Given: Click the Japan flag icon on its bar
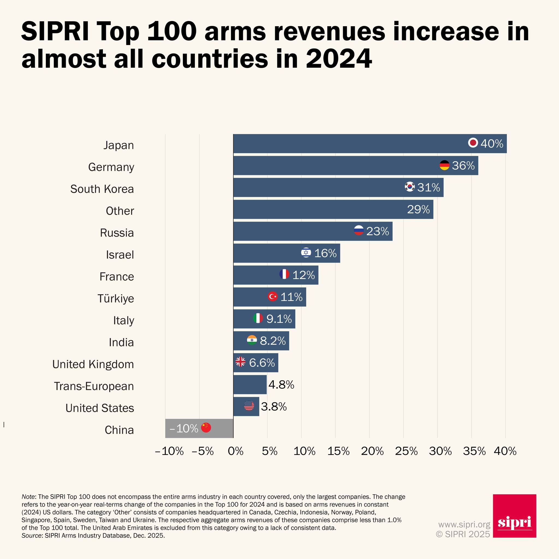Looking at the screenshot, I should [473, 143].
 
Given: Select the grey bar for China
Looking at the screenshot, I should [199, 428].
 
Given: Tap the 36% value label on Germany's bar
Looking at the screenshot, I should [463, 165].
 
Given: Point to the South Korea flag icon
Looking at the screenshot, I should [410, 187].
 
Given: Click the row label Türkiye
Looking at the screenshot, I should [116, 298].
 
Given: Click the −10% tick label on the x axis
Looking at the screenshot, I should [169, 451].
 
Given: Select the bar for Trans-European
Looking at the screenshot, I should [250, 385].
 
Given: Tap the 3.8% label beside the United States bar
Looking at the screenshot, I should [274, 407].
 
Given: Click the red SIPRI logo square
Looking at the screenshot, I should [515, 516].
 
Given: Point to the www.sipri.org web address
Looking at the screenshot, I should [464, 524].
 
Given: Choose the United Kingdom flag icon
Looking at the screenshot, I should [240, 362].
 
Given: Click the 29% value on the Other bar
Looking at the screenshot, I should [418, 209].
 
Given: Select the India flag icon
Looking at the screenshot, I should [252, 340].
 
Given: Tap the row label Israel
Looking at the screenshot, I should [120, 255].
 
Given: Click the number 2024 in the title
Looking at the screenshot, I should [338, 59].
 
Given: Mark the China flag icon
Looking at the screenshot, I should [206, 427].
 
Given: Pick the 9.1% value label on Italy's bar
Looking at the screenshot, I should [279, 319].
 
